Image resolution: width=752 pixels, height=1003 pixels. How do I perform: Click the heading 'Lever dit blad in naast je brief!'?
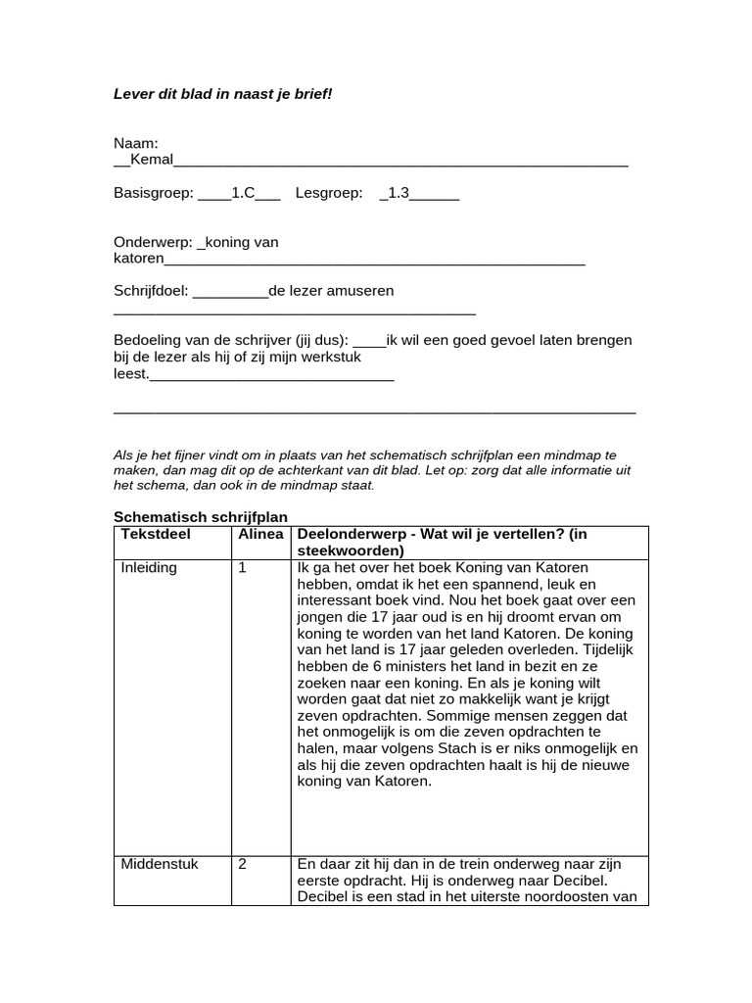223,94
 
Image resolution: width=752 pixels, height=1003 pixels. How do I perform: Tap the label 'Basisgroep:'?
154,194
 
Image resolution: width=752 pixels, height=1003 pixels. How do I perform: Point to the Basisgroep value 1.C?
243,194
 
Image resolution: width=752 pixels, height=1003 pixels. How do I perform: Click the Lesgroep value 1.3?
398,194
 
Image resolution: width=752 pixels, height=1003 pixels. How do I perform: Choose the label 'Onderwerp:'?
153,242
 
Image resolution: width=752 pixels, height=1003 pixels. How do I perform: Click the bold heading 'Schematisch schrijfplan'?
201,517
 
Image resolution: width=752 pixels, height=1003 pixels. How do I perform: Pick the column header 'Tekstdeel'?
156,534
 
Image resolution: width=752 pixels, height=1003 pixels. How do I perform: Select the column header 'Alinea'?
260,534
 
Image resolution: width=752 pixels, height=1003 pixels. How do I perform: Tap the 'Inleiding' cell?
149,568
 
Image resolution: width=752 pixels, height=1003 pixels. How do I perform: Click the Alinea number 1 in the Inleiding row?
242,568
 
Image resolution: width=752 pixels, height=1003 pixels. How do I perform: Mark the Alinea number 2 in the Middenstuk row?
242,864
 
